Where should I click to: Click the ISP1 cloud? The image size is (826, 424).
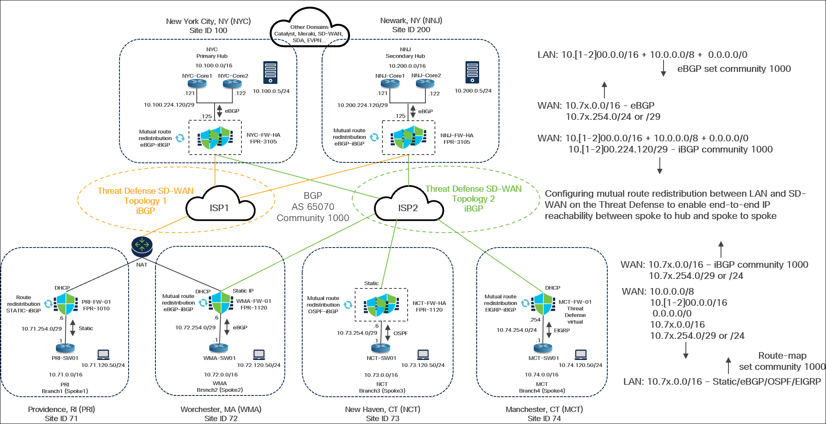click(220, 206)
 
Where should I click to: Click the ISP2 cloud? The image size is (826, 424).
click(408, 206)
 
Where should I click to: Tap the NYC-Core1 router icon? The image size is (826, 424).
click(197, 84)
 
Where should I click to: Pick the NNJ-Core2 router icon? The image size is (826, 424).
click(425, 83)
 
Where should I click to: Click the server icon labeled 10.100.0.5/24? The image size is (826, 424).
click(270, 73)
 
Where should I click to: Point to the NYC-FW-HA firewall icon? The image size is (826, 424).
click(215, 138)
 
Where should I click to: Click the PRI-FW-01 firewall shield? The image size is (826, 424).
click(66, 304)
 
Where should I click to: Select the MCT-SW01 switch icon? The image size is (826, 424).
click(543, 348)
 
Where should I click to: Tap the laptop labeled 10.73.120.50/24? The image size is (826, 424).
click(423, 355)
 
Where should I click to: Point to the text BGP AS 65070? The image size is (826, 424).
click(313, 201)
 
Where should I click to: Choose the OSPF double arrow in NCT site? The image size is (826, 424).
click(388, 333)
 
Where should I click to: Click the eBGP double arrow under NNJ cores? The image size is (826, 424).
click(413, 111)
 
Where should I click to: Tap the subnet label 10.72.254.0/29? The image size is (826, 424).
click(195, 327)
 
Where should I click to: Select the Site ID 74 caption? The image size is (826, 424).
click(544, 418)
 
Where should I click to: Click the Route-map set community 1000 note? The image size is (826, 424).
click(782, 361)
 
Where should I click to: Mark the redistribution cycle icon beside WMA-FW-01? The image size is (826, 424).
click(203, 303)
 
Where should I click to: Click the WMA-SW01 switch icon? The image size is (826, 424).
click(219, 348)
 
